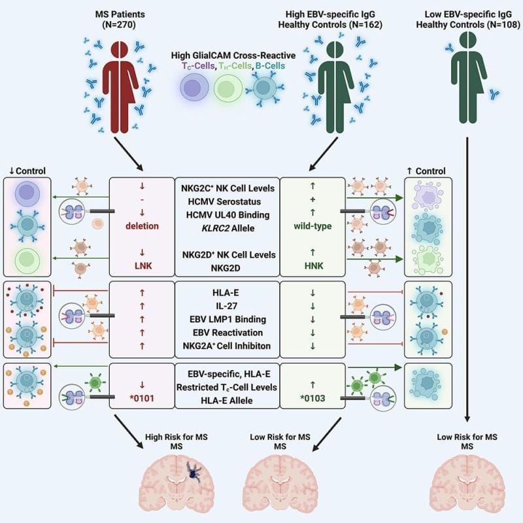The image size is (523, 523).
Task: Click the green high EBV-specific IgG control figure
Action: point(338,82)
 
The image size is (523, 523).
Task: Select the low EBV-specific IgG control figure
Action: point(467,72)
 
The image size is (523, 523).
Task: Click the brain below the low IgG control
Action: point(467,486)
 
